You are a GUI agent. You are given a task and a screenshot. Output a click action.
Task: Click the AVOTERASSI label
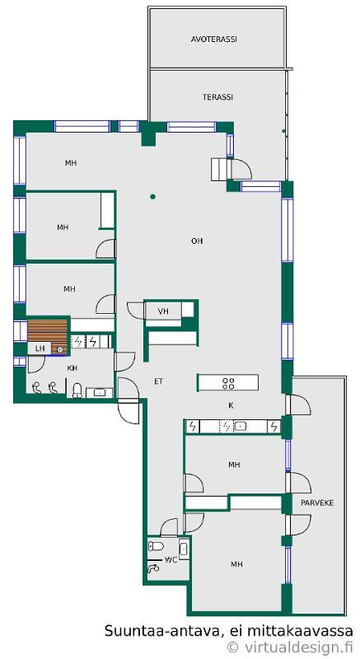214,40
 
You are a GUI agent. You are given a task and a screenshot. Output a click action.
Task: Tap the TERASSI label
217,97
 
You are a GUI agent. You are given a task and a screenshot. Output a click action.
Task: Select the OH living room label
197,241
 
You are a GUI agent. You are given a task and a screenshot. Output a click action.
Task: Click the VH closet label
163,311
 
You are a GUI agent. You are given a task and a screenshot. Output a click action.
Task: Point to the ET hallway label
158,381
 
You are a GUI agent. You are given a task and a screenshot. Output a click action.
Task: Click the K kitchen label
231,405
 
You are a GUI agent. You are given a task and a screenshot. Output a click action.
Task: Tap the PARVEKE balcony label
317,502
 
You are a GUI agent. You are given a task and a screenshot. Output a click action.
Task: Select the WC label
171,560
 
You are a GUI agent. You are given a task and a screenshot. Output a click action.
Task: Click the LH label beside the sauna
40,348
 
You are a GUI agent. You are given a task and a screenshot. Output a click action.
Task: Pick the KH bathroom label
72,368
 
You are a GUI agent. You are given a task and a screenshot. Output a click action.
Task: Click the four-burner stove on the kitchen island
228,383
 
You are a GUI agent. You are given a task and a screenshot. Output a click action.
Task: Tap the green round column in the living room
153,196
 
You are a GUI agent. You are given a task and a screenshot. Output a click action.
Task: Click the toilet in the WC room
156,546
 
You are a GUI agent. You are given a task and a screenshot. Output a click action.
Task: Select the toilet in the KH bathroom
77,390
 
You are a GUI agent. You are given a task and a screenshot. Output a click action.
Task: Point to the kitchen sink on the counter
240,426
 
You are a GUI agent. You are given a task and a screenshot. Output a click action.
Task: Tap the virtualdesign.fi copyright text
290,647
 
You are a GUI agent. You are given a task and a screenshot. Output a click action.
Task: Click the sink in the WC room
184,549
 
